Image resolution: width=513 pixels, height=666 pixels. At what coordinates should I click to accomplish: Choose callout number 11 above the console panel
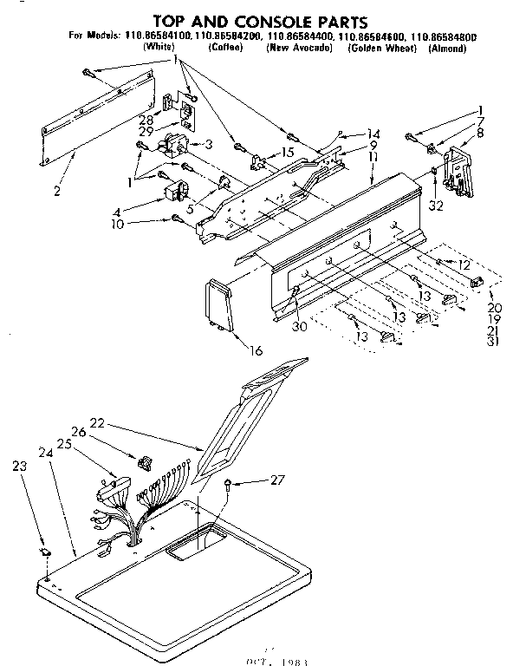[373, 158]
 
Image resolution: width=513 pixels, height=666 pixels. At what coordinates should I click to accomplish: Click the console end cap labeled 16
[218, 307]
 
